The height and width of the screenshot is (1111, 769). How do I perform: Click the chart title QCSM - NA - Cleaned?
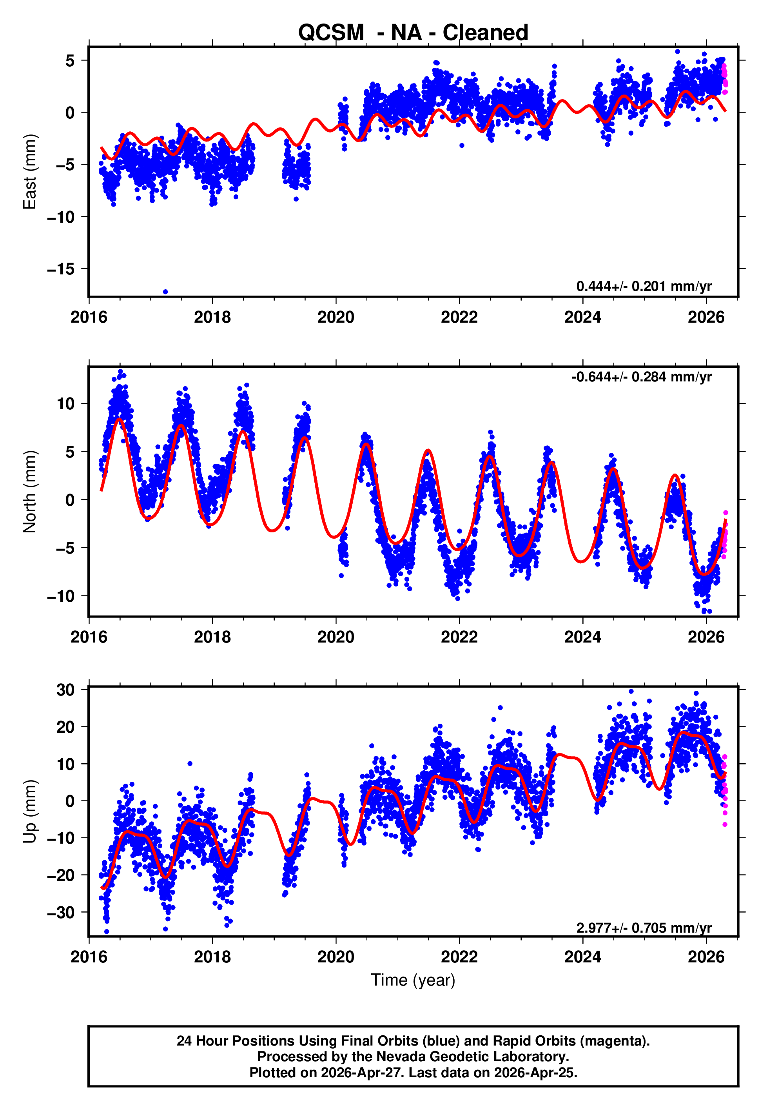pyautogui.click(x=413, y=33)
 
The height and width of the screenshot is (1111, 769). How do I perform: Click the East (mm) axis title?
pyautogui.click(x=30, y=172)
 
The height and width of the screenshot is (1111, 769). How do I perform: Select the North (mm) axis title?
pyautogui.click(x=30, y=492)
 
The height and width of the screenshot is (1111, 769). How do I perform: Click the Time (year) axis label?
pyautogui.click(x=413, y=980)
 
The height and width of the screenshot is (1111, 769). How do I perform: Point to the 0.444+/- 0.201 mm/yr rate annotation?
pyautogui.click(x=644, y=286)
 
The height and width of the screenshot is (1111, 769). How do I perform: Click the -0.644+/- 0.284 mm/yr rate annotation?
pyautogui.click(x=641, y=377)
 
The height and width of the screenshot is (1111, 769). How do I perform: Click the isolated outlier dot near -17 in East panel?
pyautogui.click(x=165, y=292)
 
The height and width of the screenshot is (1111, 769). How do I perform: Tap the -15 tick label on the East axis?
pyautogui.click(x=61, y=269)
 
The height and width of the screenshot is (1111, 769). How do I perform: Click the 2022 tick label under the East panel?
pyautogui.click(x=459, y=318)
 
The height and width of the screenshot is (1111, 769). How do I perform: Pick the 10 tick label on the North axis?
pyautogui.click(x=66, y=404)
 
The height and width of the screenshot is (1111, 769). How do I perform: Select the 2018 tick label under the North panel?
pyautogui.click(x=212, y=637)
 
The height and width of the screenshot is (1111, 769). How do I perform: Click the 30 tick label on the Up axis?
pyautogui.click(x=66, y=690)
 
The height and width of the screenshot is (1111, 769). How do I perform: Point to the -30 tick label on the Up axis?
pyautogui.click(x=61, y=913)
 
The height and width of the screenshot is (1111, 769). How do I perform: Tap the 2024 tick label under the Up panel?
pyautogui.click(x=582, y=957)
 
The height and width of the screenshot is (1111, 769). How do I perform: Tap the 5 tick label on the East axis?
pyautogui.click(x=70, y=61)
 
